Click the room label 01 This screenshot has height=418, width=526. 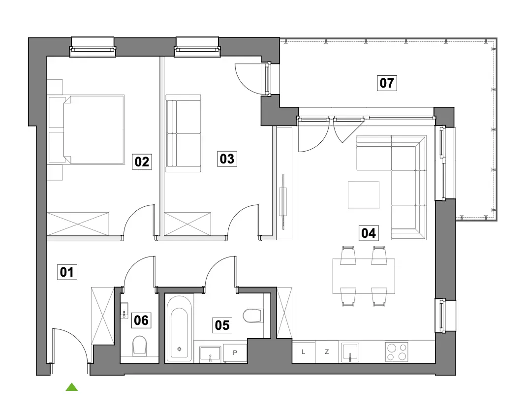[x=67, y=272]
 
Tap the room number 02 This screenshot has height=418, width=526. [x=142, y=161]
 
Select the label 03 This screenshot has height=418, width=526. [x=227, y=159]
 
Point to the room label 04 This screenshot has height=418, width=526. [x=369, y=233]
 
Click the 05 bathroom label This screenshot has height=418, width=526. [x=222, y=325]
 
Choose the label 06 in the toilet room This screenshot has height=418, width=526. [x=141, y=320]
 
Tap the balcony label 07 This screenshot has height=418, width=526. [x=387, y=83]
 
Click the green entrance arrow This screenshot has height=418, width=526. [x=72, y=387]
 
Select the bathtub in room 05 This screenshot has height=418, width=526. [x=179, y=328]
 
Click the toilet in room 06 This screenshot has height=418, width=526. [x=140, y=346]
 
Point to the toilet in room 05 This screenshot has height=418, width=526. [x=252, y=316]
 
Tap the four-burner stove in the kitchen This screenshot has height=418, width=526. [x=397, y=352]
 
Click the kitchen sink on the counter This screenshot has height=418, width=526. [x=350, y=353]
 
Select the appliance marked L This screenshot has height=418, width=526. [x=304, y=352]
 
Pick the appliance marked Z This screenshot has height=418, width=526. [x=327, y=352]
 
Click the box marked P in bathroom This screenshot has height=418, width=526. [x=235, y=353]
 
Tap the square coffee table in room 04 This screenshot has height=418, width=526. [x=364, y=195]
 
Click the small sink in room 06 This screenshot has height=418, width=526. [x=124, y=310]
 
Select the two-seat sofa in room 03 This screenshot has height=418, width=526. [x=183, y=133]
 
